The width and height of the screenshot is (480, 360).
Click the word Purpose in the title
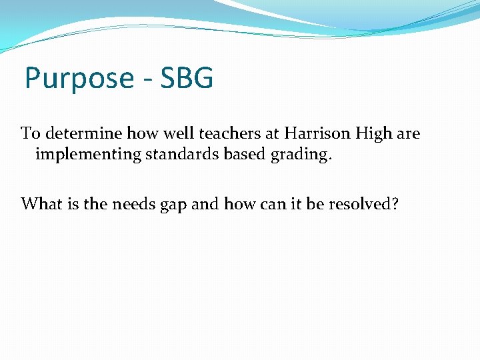[x=79, y=79]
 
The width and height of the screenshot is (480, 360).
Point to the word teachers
[x=225, y=133]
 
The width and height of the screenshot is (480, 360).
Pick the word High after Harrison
[x=375, y=133]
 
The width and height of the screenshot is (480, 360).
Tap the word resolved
[x=362, y=203]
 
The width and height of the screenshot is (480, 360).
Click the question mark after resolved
[x=395, y=203]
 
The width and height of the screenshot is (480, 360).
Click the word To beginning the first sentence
[x=30, y=133]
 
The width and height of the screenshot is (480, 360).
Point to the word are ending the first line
[x=408, y=133]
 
